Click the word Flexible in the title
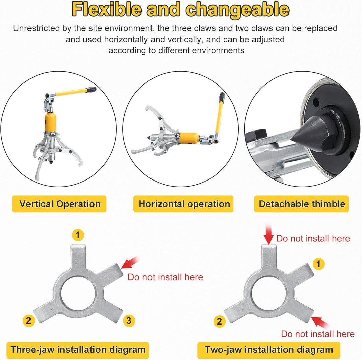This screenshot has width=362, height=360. click(107, 9)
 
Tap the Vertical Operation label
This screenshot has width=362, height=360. click(59, 204)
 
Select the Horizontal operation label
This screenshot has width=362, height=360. click(184, 204)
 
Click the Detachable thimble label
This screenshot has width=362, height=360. click(302, 204)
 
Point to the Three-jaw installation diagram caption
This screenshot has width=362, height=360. click(78, 350)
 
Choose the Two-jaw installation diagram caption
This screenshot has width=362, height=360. click(269, 350)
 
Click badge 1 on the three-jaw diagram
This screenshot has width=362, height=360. click(78, 235)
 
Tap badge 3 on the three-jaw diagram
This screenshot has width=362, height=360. click(129, 320)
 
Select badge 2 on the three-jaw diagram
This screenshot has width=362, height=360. click(28, 320)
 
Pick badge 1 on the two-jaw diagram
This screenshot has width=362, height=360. click(319, 264)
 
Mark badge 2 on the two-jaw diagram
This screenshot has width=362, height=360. click(219, 321)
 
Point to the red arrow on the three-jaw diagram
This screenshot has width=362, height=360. click(130, 263)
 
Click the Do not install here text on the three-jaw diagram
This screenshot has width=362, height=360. click(165, 277)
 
